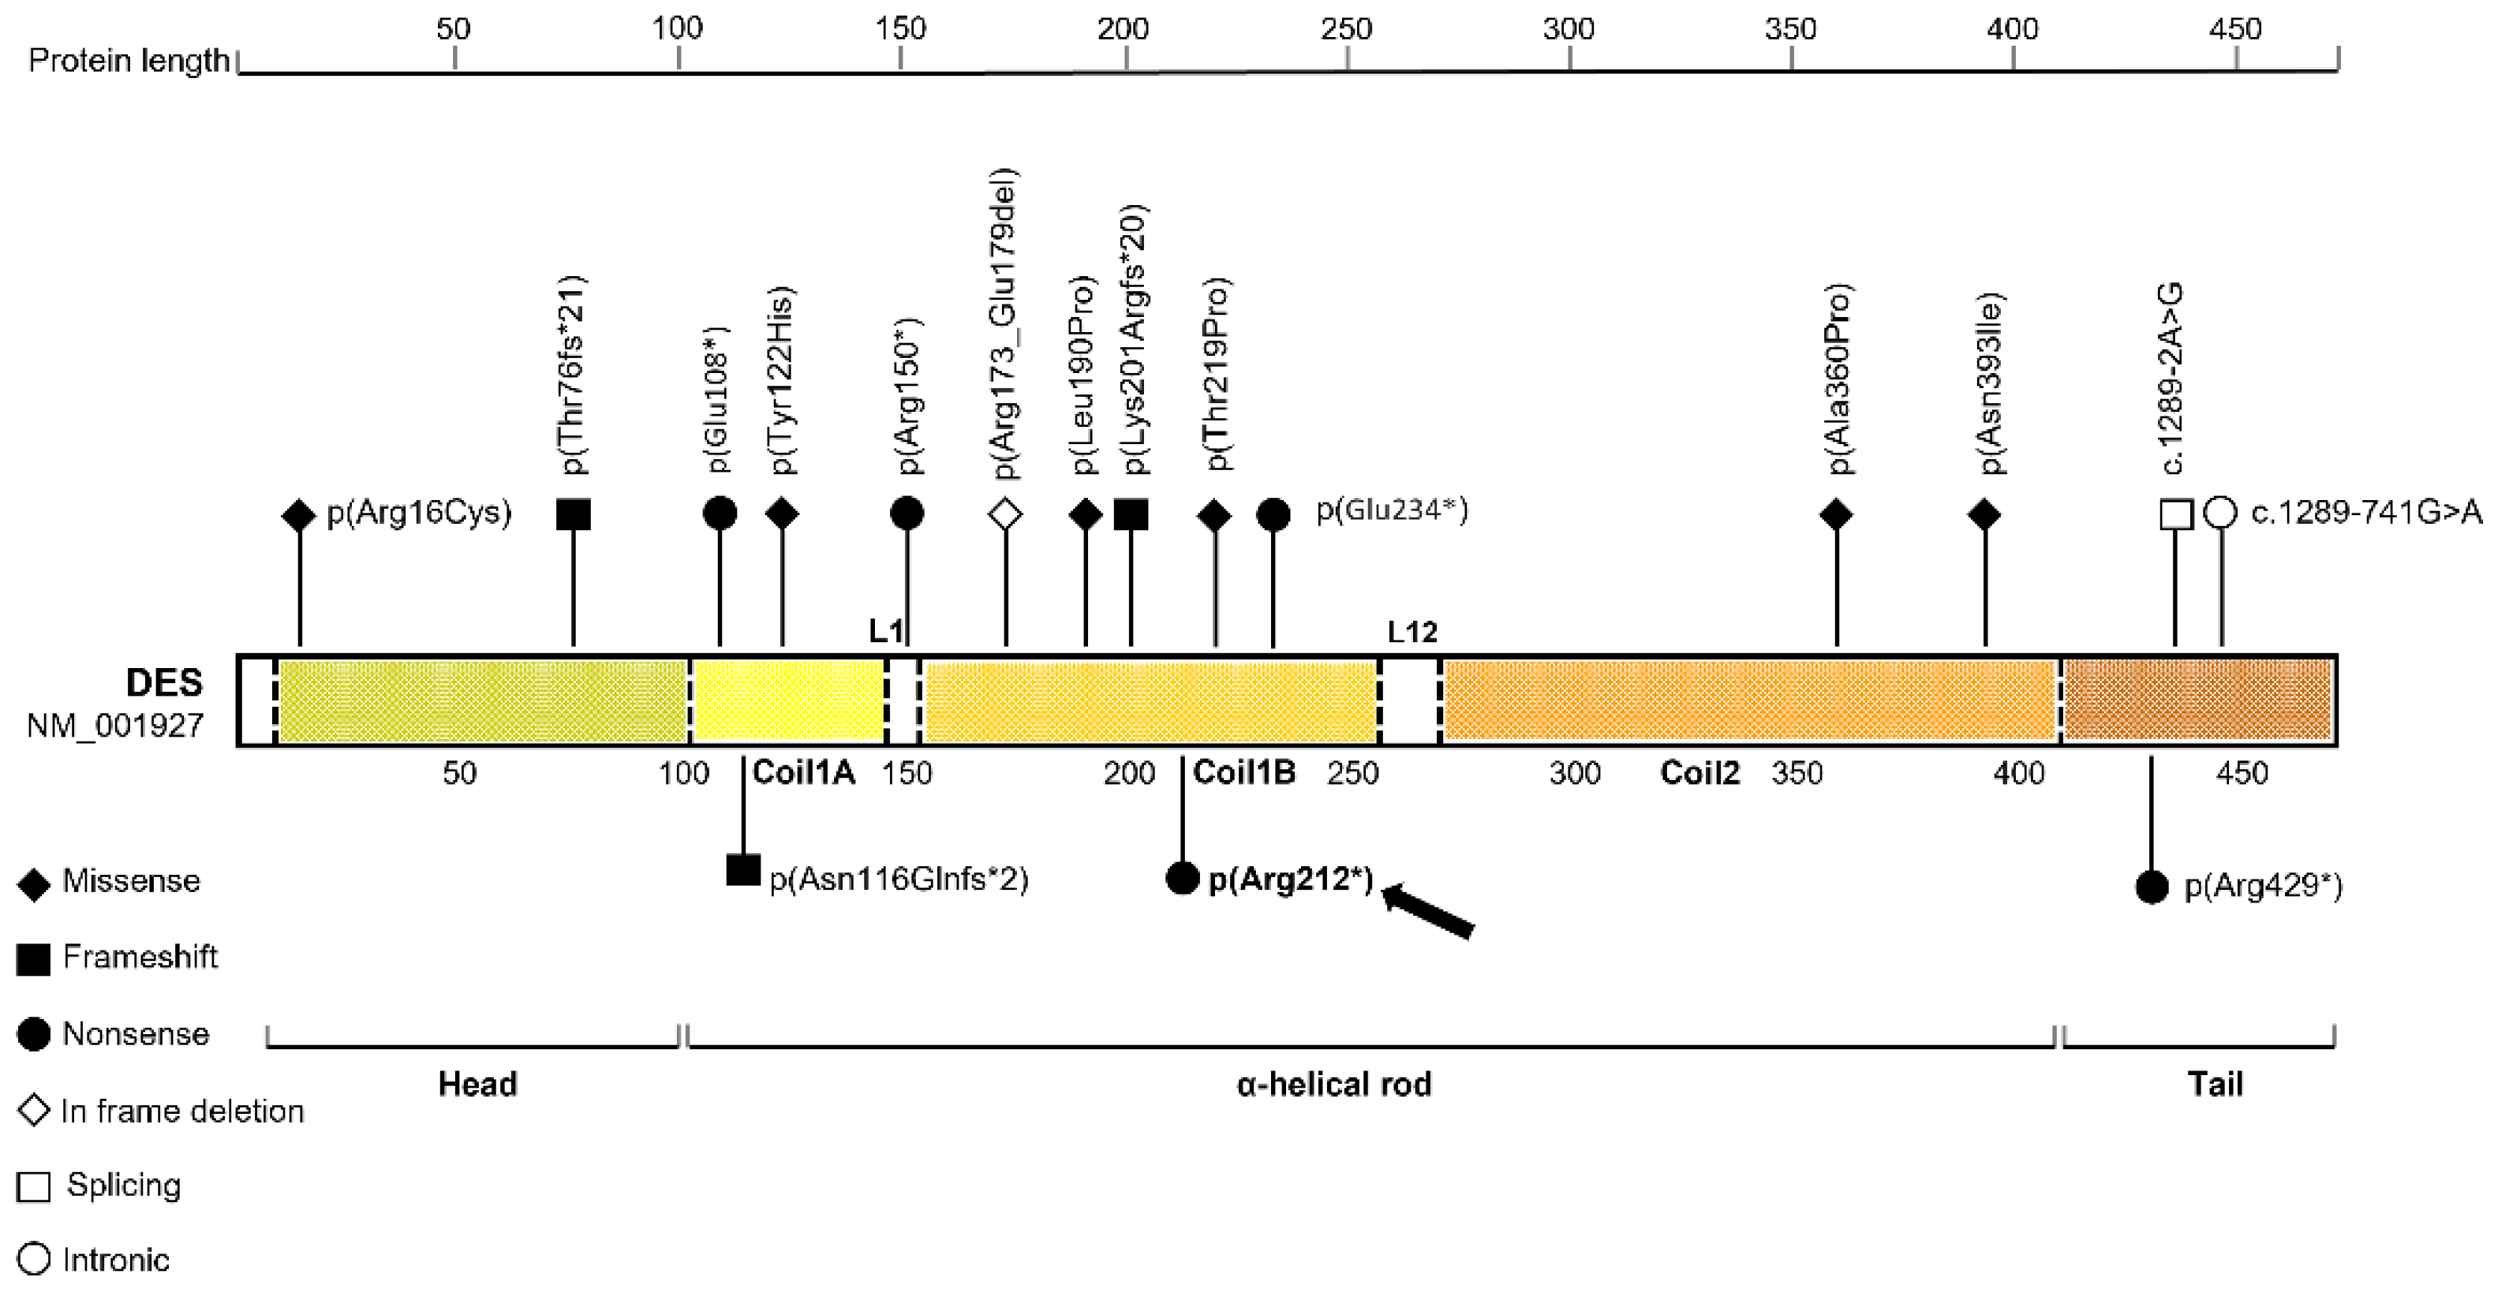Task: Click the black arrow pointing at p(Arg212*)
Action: pos(1429,912)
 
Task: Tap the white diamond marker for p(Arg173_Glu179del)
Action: pos(1006,514)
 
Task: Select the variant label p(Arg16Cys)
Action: pos(419,512)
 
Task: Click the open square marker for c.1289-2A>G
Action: pos(2177,514)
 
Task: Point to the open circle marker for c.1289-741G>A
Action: pos(2221,513)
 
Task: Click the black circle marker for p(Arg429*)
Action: pos(2152,887)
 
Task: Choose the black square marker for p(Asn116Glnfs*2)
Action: pos(742,870)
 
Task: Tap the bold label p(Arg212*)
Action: pos(1292,879)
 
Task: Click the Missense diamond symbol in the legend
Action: pos(34,883)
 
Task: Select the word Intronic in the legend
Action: pos(116,1261)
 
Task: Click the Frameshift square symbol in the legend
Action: pos(34,959)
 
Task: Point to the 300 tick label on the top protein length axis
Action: pos(1569,29)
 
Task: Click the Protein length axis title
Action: pos(129,61)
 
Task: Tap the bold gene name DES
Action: pos(165,683)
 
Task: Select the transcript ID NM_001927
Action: pos(115,725)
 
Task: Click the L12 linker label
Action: pos(1412,632)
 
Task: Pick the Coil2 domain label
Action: pos(1699,772)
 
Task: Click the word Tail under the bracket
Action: pos(2215,1084)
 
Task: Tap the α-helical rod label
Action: pos(1334,1084)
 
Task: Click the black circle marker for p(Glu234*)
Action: pos(1273,514)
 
